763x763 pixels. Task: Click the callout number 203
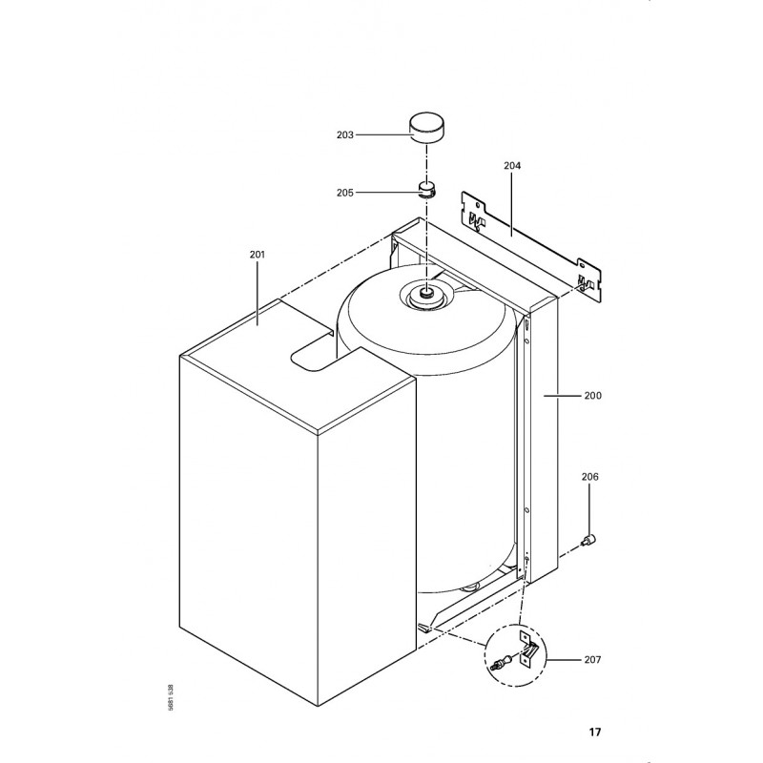[x=345, y=134]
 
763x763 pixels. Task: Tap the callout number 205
[x=345, y=193]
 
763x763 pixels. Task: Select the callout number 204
[x=512, y=165]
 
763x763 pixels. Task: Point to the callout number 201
[x=258, y=254]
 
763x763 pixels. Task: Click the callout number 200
[x=592, y=396]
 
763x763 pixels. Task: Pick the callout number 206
[x=589, y=477]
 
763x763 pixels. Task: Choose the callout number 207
[x=592, y=660]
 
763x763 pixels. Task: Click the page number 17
[x=595, y=732]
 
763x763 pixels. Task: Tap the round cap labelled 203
[x=426, y=128]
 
